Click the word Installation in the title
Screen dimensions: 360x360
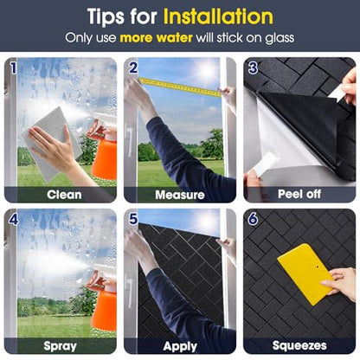(218, 16)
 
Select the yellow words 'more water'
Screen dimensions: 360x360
(156, 38)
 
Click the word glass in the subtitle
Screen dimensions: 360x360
(280, 39)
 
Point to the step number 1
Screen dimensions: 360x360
(13, 68)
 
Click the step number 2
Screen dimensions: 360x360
(133, 68)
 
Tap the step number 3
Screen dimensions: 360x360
(253, 68)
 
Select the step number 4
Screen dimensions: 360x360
(14, 220)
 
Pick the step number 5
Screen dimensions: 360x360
(133, 219)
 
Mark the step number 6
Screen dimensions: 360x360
(253, 219)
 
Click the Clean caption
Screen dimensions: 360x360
(64, 195)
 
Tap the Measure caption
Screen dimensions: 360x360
(180, 195)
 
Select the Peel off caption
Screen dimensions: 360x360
(299, 194)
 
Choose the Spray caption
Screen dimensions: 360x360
(60, 346)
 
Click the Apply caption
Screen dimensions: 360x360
(180, 346)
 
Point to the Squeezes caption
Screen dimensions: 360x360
(299, 345)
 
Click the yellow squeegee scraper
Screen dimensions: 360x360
(305, 273)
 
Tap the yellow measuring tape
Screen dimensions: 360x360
(180, 87)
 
